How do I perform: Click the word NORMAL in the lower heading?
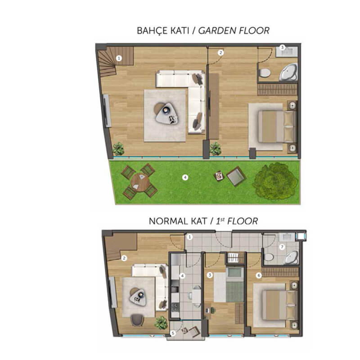pyautogui.click(x=166, y=221)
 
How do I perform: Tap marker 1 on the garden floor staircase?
pyautogui.click(x=119, y=58)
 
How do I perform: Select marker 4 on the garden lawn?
pyautogui.click(x=185, y=177)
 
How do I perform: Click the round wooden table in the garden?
pyautogui.click(x=140, y=182)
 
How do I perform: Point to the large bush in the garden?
pyautogui.click(x=275, y=181)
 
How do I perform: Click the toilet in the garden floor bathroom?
pyautogui.click(x=265, y=72)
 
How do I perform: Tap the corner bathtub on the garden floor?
pyautogui.click(x=288, y=72)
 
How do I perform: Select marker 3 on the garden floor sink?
pyautogui.click(x=283, y=47)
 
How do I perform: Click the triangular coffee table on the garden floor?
pyautogui.click(x=167, y=114)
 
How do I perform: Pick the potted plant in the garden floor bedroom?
pyautogui.click(x=216, y=148)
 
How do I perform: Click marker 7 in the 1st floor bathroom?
pyautogui.click(x=282, y=247)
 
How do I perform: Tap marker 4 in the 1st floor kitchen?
pyautogui.click(x=182, y=275)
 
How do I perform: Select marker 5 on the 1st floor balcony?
pyautogui.click(x=173, y=333)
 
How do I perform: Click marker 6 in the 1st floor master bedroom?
pyautogui.click(x=259, y=275)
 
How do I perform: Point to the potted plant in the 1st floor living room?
pyautogui.click(x=161, y=323)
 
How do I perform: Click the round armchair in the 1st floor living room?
pyautogui.click(x=137, y=320)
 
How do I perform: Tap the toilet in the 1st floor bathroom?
pyautogui.click(x=269, y=257)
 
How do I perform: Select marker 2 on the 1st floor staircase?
pyautogui.click(x=124, y=258)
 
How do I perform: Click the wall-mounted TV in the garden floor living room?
pyautogui.click(x=107, y=111)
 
